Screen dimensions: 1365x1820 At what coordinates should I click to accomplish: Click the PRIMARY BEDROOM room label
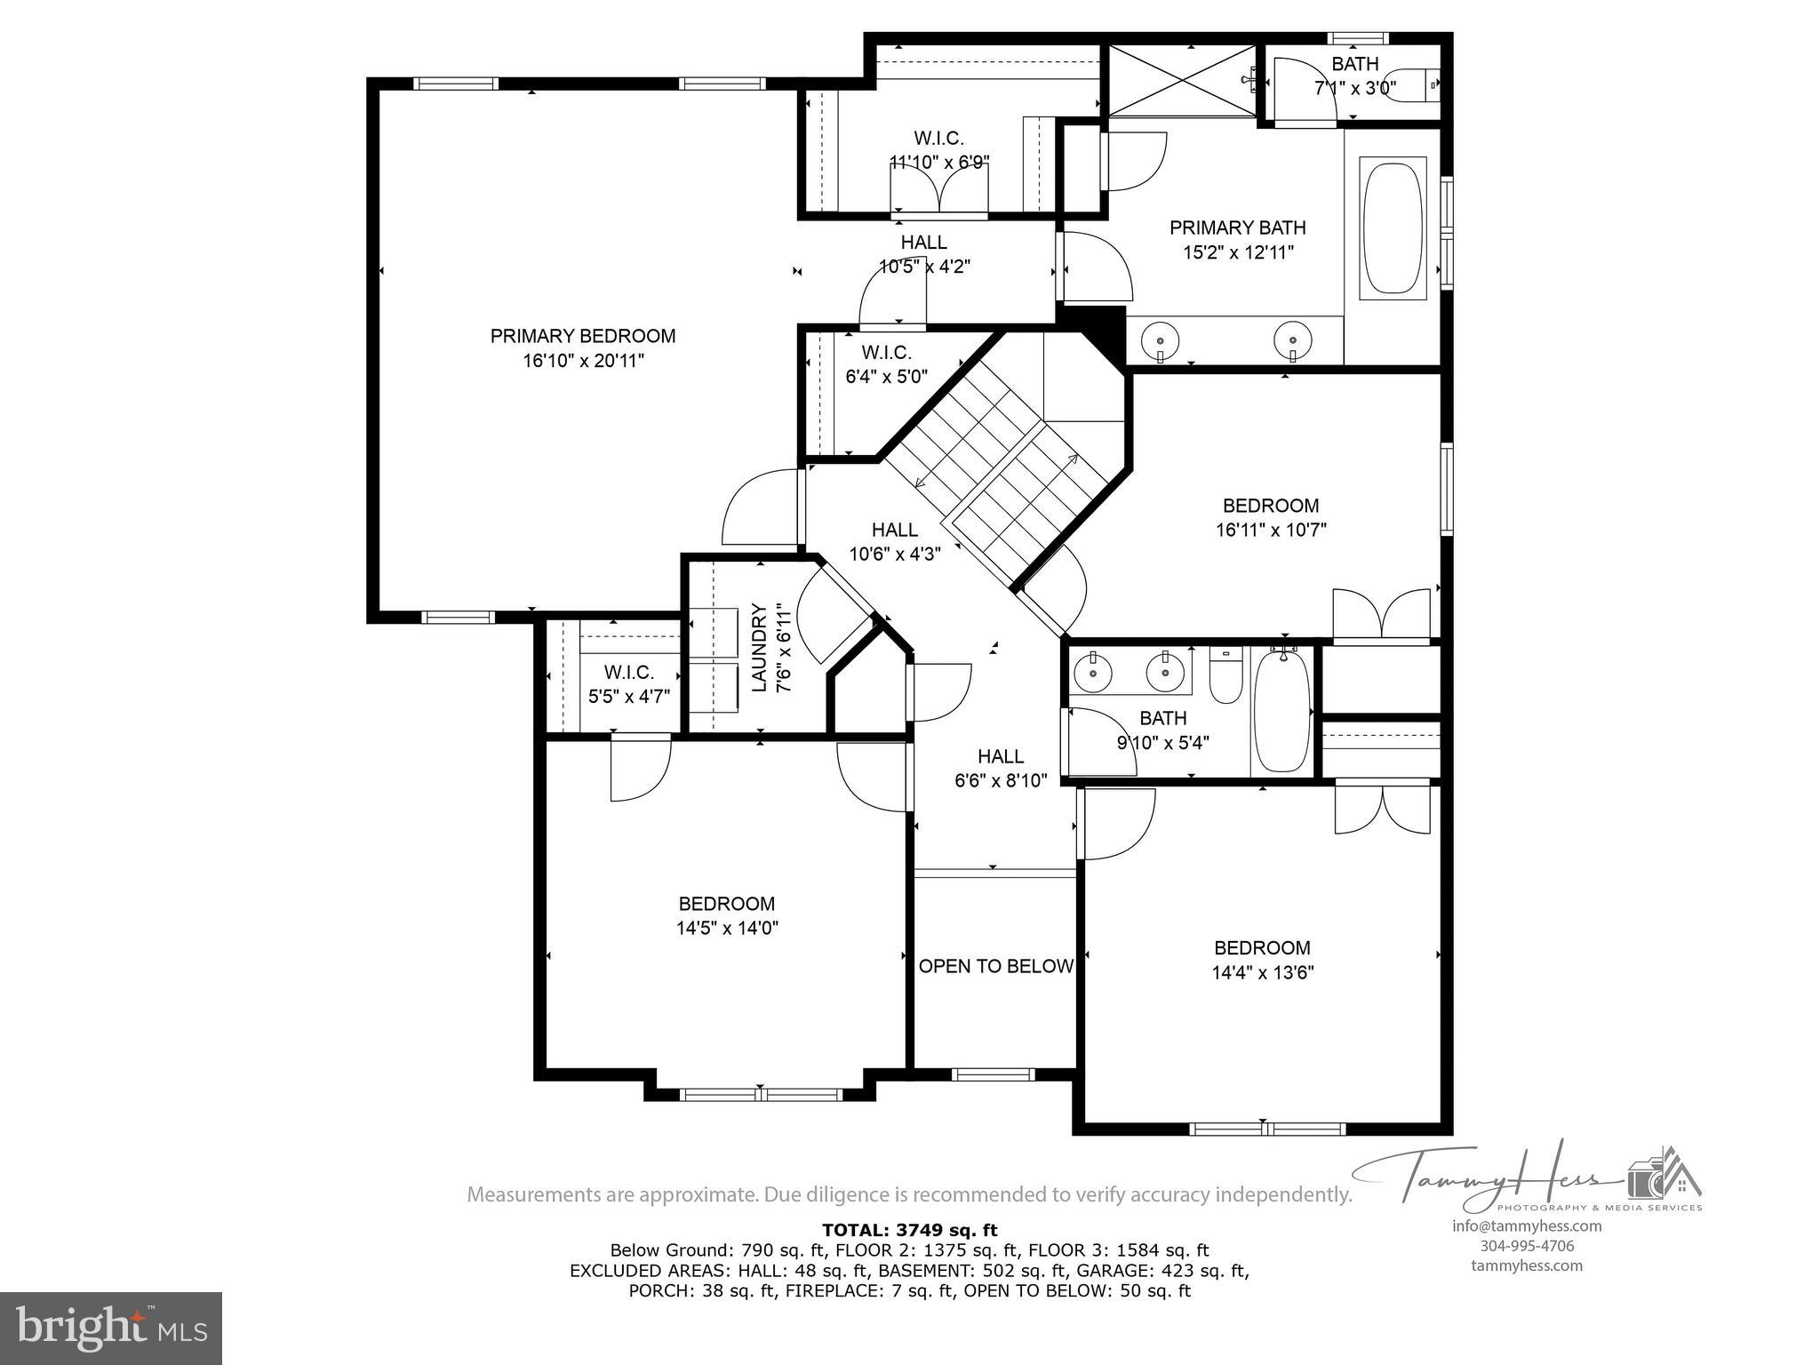coord(582,336)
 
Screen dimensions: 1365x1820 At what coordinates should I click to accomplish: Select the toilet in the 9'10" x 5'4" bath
coord(1225,677)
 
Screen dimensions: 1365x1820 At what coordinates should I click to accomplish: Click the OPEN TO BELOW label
coord(995,966)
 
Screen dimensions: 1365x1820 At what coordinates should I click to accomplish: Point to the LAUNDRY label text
coord(759,648)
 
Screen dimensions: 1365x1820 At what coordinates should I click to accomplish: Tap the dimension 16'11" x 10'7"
coord(1271,531)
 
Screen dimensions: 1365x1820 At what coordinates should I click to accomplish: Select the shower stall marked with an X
coord(1181,80)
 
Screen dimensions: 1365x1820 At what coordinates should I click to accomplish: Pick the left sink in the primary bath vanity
coord(1160,339)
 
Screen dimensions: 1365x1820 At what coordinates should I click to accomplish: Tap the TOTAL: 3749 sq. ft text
coord(909,1230)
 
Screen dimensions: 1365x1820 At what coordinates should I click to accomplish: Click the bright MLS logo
coord(111,1328)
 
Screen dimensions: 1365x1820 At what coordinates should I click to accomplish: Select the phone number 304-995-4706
coord(1527,1246)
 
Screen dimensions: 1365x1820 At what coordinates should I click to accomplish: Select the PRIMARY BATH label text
coord(1237,227)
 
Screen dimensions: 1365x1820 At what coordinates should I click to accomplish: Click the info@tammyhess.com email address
coord(1527,1226)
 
